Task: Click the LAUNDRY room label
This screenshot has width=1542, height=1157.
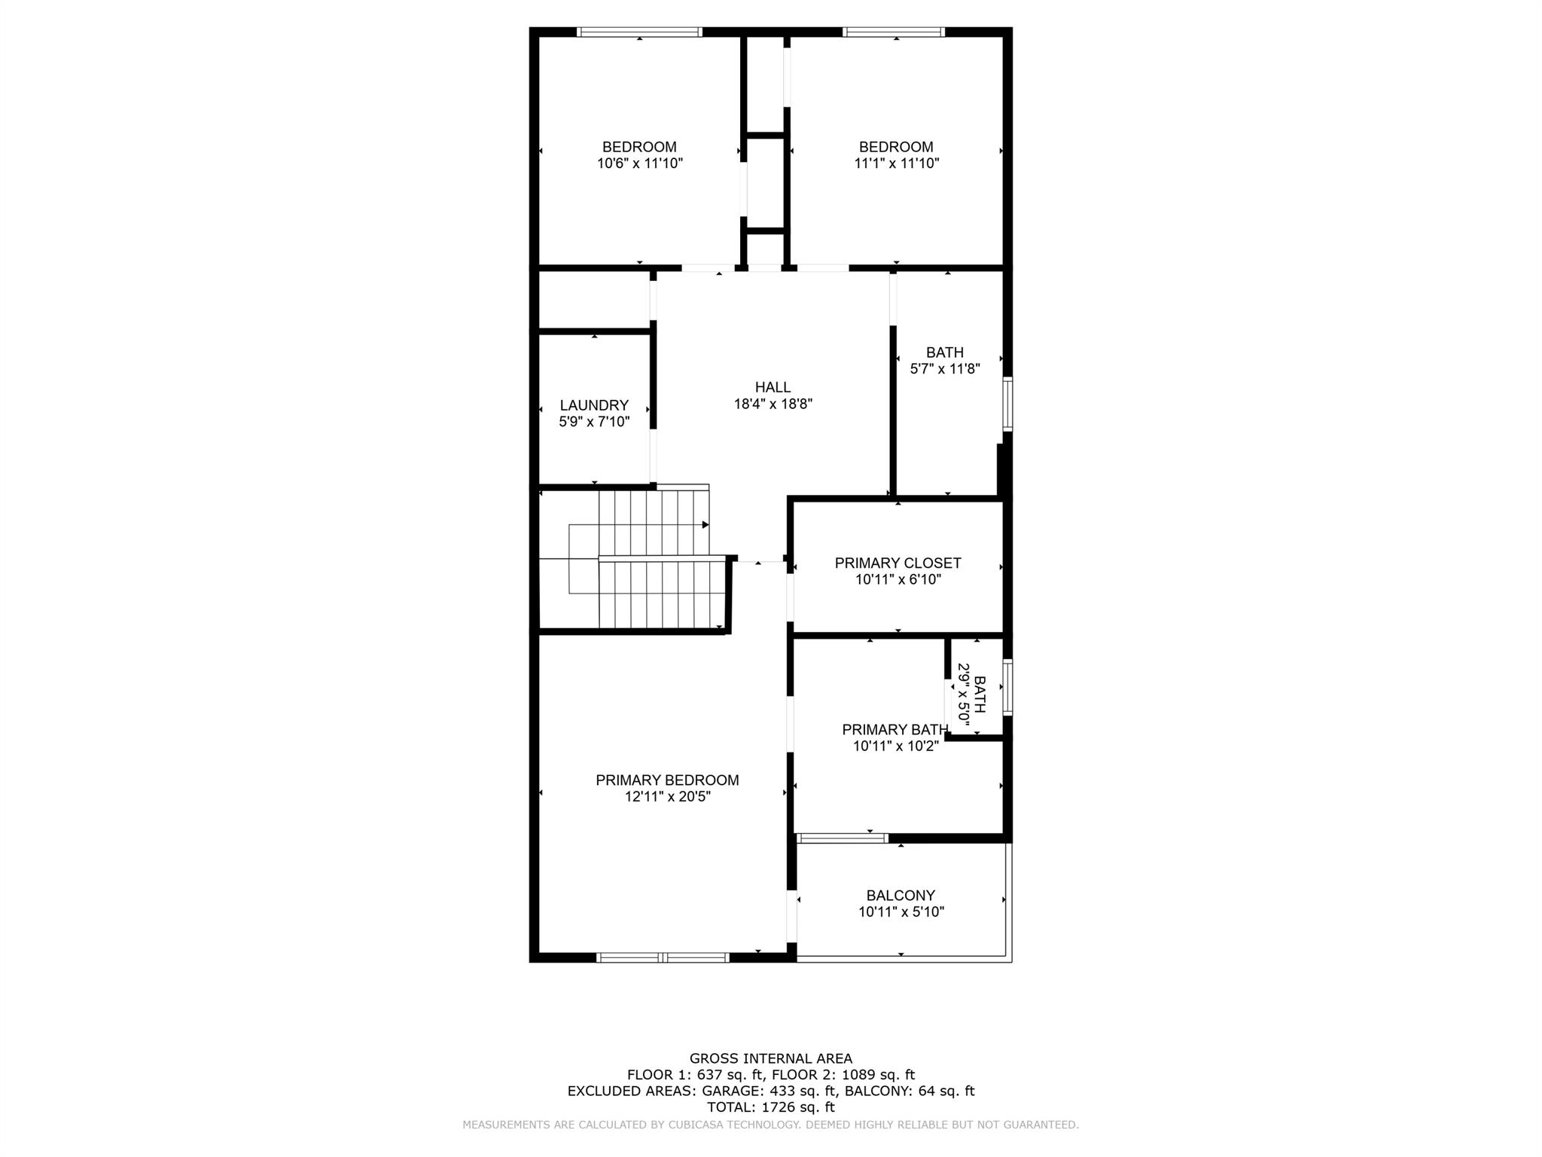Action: click(594, 405)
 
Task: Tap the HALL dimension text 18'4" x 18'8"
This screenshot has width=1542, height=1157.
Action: click(773, 404)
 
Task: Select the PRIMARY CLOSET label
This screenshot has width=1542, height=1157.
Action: click(897, 563)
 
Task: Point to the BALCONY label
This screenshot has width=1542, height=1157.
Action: click(901, 896)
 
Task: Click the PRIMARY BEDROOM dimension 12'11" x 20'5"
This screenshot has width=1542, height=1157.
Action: click(667, 796)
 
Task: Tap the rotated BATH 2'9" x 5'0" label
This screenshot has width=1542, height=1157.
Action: click(971, 694)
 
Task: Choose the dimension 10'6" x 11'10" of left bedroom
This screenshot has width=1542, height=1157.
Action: click(639, 163)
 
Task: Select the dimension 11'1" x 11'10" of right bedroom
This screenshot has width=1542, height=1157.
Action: click(896, 163)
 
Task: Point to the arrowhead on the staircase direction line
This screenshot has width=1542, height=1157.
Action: click(705, 524)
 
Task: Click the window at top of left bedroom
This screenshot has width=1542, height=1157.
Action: click(639, 32)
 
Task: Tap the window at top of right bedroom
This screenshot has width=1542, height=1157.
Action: click(893, 32)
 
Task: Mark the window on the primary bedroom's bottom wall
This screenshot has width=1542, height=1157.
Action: click(663, 957)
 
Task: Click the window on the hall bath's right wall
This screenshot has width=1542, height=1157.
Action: click(1007, 404)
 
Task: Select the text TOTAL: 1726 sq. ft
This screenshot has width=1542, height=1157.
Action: click(770, 1107)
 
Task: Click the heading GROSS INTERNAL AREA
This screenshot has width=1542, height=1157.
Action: click(770, 1058)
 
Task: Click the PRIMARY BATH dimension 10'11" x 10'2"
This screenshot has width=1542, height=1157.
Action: click(895, 746)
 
